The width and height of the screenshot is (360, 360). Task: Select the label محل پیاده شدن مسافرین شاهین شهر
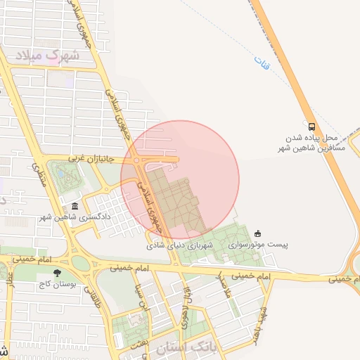tap(311, 143)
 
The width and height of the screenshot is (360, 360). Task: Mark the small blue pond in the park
tap(61, 172)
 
